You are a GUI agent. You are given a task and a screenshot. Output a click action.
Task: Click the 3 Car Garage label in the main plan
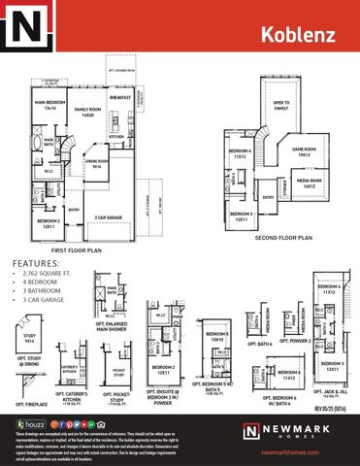[106, 217]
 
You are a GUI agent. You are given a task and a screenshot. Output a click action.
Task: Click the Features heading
[34, 263]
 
